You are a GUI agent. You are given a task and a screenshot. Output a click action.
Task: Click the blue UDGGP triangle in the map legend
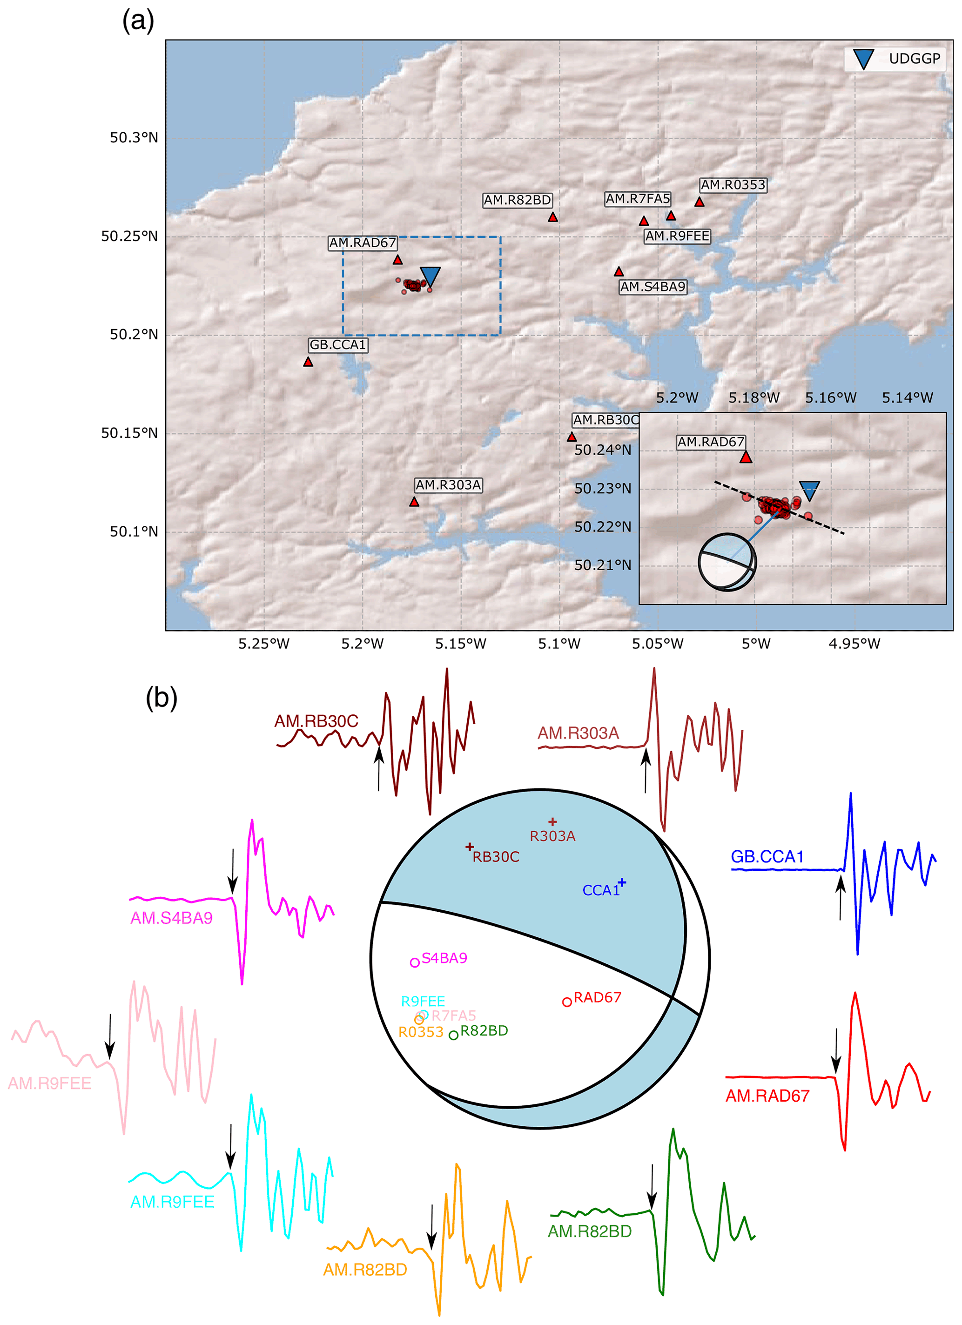[863, 59]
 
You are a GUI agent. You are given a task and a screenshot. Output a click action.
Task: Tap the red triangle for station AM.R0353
[699, 202]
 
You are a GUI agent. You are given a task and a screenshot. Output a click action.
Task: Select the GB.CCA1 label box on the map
[337, 345]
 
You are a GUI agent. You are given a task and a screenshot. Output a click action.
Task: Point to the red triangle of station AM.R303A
[414, 502]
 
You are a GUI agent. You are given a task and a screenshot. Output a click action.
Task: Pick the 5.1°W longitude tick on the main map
[559, 644]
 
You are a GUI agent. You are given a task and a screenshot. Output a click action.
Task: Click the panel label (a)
[138, 21]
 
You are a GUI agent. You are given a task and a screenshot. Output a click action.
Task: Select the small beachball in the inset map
[727, 562]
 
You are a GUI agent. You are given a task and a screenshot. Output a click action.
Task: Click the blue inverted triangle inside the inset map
[809, 490]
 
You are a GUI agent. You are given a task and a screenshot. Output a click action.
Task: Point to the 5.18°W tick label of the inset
[753, 398]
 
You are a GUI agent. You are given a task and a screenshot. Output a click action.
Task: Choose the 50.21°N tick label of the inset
[603, 565]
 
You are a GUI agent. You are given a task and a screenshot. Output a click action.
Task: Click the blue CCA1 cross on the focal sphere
[622, 882]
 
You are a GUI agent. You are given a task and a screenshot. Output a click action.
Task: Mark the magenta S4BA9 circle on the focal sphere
[415, 962]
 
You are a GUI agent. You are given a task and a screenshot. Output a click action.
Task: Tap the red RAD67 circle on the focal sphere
[566, 1002]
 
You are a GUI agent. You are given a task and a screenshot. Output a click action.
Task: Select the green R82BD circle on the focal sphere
[453, 1035]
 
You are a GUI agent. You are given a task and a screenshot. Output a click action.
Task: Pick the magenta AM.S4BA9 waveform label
[171, 918]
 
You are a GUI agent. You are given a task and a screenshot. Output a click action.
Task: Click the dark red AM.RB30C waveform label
[316, 721]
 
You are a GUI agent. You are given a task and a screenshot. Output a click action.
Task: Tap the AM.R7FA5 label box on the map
[637, 199]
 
